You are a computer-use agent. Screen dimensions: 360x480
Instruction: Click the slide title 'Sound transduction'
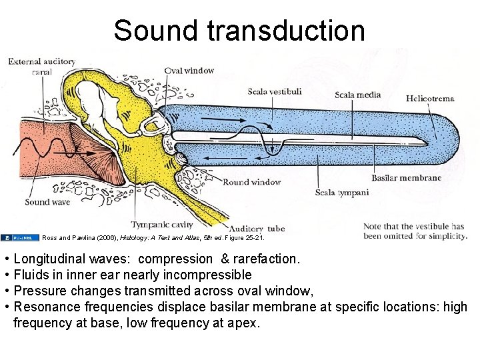tap(239, 31)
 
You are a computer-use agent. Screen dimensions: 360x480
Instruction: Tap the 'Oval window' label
tap(189, 71)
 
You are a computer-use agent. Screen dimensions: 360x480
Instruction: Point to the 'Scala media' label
tap(357, 95)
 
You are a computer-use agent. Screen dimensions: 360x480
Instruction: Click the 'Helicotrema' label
tap(430, 99)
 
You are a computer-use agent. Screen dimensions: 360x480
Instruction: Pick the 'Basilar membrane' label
tap(406, 178)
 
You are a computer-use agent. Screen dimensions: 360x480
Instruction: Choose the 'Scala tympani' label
tap(341, 193)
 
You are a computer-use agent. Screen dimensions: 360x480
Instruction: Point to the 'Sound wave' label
tap(47, 202)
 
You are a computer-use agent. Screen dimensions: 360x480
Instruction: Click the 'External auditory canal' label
tap(41, 66)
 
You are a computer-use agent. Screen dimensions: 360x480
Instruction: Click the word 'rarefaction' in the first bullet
tap(264, 258)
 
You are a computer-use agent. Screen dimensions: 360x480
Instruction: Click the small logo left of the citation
tap(20, 237)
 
